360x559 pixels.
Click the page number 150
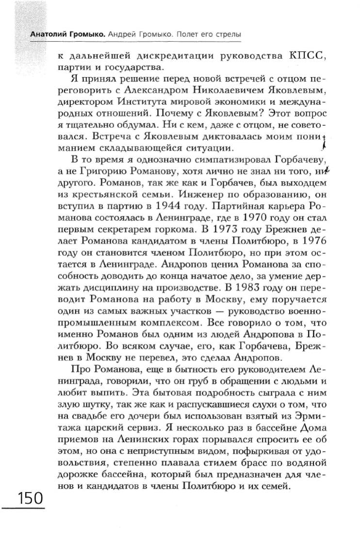[30, 498]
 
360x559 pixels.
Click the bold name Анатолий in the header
[46, 35]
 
